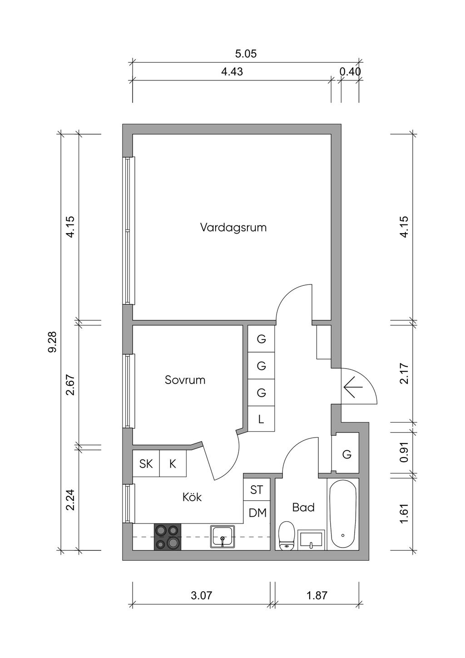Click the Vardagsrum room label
233,227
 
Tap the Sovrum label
185,380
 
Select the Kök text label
192,497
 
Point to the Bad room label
303,507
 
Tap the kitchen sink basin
223,536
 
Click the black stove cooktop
168,537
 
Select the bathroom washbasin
311,540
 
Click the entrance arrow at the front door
353,387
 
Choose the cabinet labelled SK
146,464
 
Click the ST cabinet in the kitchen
257,490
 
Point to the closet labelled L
261,419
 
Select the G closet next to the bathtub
346,454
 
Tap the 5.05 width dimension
246,54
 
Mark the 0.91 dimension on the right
404,453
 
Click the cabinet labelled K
173,464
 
